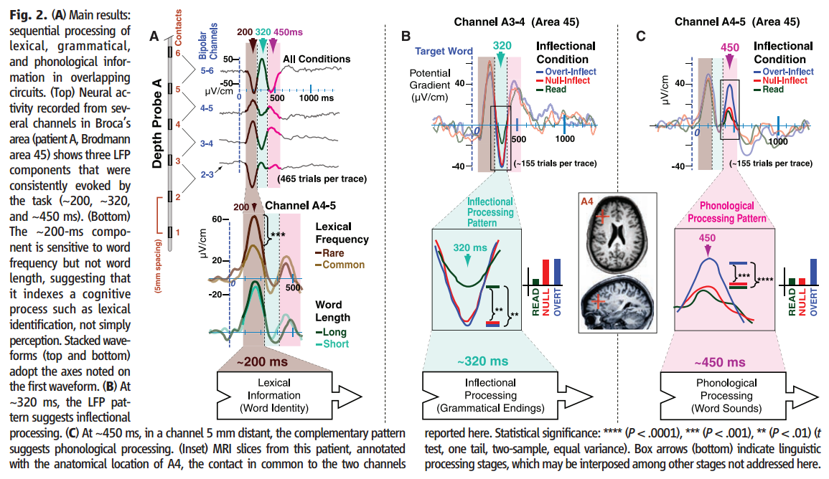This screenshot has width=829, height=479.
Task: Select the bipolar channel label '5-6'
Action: click(207, 70)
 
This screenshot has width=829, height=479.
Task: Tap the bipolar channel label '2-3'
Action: click(207, 175)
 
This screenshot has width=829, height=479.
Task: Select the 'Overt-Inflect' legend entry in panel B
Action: click(571, 72)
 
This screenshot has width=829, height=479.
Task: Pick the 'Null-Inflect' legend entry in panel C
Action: click(784, 81)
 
